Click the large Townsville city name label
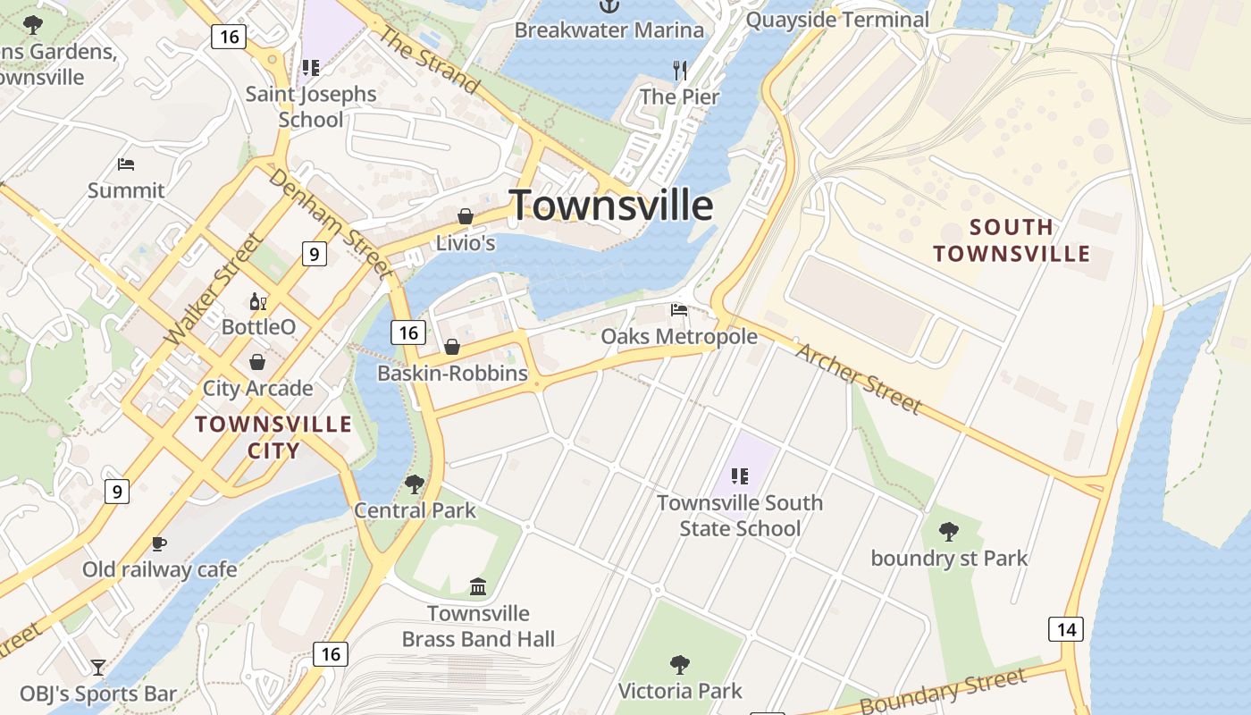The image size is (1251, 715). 611,206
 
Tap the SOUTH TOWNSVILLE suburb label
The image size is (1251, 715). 1012,240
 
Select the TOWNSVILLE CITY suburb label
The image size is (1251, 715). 273,436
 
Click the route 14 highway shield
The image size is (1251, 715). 1066,629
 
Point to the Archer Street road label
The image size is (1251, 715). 858,378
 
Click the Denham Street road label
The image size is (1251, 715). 330,223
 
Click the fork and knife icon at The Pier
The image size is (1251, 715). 680,70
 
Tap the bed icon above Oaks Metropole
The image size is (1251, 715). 679,310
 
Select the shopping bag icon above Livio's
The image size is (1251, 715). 465,216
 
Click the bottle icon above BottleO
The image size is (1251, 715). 258,301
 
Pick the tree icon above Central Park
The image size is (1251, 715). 414,484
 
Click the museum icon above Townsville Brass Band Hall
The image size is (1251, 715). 478,587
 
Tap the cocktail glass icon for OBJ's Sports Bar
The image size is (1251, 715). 97,667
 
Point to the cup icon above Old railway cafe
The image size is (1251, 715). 159,543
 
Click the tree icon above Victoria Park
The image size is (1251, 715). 680,664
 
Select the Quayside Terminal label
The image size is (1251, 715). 837,20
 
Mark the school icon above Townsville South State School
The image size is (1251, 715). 739,476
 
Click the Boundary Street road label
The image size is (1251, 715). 943,691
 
